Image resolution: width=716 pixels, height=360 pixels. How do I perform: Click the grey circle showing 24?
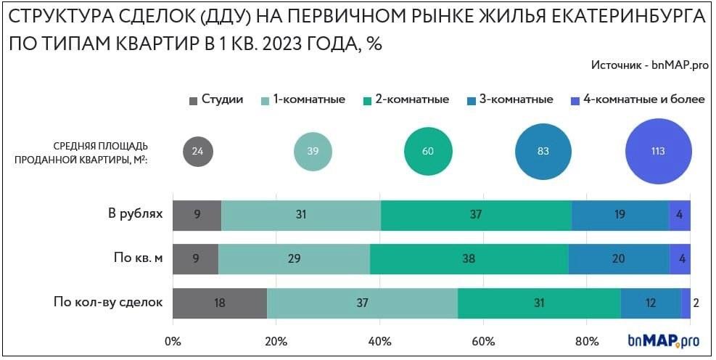tap(197, 152)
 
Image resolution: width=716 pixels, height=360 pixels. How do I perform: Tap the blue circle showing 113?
tap(658, 152)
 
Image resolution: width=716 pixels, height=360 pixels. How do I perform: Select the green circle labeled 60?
tap(428, 152)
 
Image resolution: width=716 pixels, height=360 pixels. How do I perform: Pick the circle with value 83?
tap(543, 152)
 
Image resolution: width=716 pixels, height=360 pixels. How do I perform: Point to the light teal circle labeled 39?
tap(313, 152)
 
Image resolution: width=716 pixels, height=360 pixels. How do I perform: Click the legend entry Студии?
tap(216, 99)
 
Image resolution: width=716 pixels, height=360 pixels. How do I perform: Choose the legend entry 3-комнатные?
tap(510, 99)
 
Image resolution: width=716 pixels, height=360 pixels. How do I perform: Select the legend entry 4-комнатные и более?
tap(638, 99)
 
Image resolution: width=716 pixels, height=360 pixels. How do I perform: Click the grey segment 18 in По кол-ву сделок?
tap(220, 303)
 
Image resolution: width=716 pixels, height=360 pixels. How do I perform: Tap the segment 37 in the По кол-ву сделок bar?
tap(363, 303)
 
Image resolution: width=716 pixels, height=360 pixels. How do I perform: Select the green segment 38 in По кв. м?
tap(469, 259)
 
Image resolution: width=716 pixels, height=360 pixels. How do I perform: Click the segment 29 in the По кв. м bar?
tap(294, 259)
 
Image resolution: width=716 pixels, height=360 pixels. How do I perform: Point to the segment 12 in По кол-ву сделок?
tap(651, 303)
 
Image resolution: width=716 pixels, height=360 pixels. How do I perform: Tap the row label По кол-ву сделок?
tap(108, 302)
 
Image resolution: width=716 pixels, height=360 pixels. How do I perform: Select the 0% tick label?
tap(173, 341)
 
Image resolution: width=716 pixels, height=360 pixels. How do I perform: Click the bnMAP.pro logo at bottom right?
tap(664, 340)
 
